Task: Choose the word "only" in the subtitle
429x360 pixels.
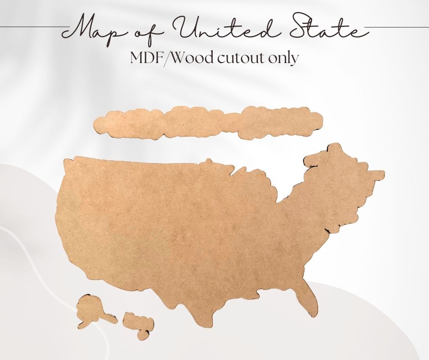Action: [283, 58]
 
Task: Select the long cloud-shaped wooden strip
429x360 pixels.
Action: [208, 122]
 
